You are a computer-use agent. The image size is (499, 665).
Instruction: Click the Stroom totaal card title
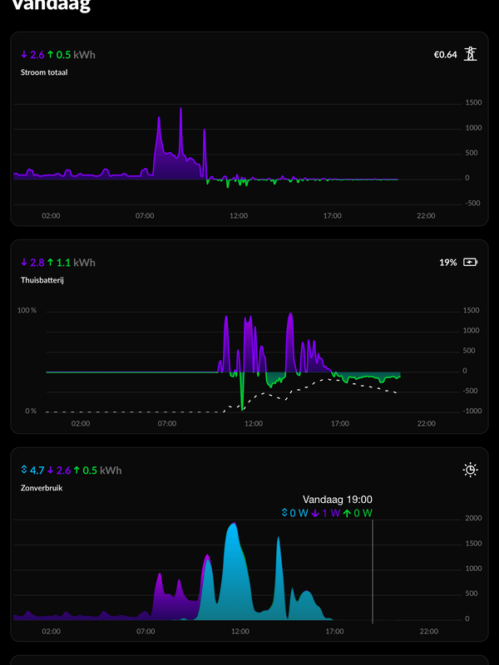pos(44,72)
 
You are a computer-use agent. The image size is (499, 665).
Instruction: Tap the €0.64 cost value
pos(445,55)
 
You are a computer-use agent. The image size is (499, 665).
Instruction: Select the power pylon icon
pos(471,55)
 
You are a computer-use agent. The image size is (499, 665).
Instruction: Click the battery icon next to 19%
pos(471,262)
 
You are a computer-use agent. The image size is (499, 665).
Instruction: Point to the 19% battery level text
pos(448,262)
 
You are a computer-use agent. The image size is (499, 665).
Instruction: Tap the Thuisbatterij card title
pos(42,280)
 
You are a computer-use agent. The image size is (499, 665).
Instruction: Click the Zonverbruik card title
pos(42,488)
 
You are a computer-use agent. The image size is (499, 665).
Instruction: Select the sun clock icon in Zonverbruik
pos(471,470)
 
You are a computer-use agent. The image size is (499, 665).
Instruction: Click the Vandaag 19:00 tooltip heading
pos(337,500)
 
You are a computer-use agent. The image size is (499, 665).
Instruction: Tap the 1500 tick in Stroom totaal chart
pos(473,102)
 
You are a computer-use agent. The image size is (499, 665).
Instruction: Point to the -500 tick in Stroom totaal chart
pos(473,203)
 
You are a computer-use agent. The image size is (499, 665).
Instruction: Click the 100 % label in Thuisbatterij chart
pos(27,310)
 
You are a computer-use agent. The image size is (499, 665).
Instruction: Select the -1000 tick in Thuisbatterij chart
pos(472,411)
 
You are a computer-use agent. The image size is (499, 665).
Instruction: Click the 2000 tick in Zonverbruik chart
pos(473,518)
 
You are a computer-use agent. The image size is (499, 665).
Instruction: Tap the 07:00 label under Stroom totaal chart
pos(145,215)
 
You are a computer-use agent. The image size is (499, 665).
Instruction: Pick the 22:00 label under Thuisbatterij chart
pos(426,423)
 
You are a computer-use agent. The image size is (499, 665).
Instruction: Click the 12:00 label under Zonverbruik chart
pos(240,631)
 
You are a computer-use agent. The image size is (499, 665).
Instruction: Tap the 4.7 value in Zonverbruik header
pos(37,470)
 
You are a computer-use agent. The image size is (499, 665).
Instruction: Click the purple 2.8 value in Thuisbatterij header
pos(37,263)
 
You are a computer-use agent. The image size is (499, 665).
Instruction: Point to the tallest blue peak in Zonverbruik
pos(234,525)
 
